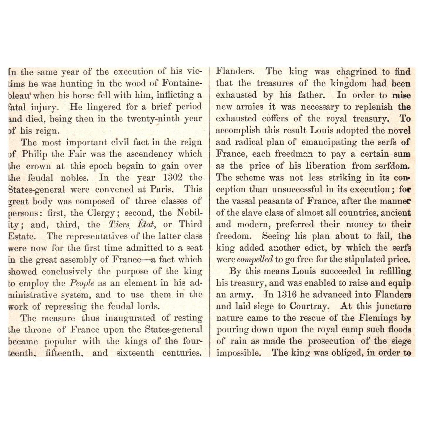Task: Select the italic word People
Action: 82,283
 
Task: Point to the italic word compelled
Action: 255,260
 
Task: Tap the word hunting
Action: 76,84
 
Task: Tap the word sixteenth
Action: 135,352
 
